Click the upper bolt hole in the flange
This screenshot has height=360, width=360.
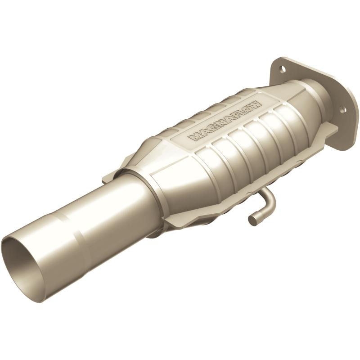pos(282,69)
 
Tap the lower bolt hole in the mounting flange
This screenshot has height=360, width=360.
pos(342,109)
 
